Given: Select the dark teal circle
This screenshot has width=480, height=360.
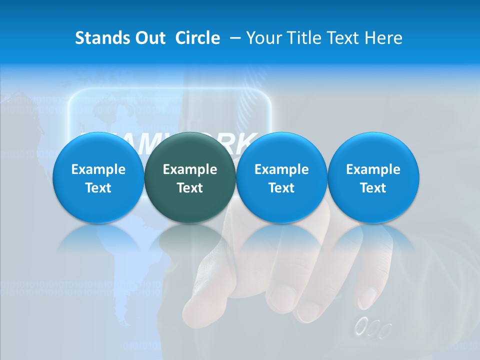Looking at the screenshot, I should pos(189,177).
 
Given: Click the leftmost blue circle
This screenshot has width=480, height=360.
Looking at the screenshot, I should pos(98,177).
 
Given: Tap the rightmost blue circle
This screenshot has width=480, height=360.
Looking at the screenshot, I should pos(373,177).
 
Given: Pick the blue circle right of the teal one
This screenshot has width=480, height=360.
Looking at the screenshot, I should pos(281,177).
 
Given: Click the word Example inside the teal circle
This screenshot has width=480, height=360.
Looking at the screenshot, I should pos(189,169).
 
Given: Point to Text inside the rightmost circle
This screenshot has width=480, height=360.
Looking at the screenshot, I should pos(373,188).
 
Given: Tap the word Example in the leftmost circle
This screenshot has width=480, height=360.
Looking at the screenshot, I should pos(98,169).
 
